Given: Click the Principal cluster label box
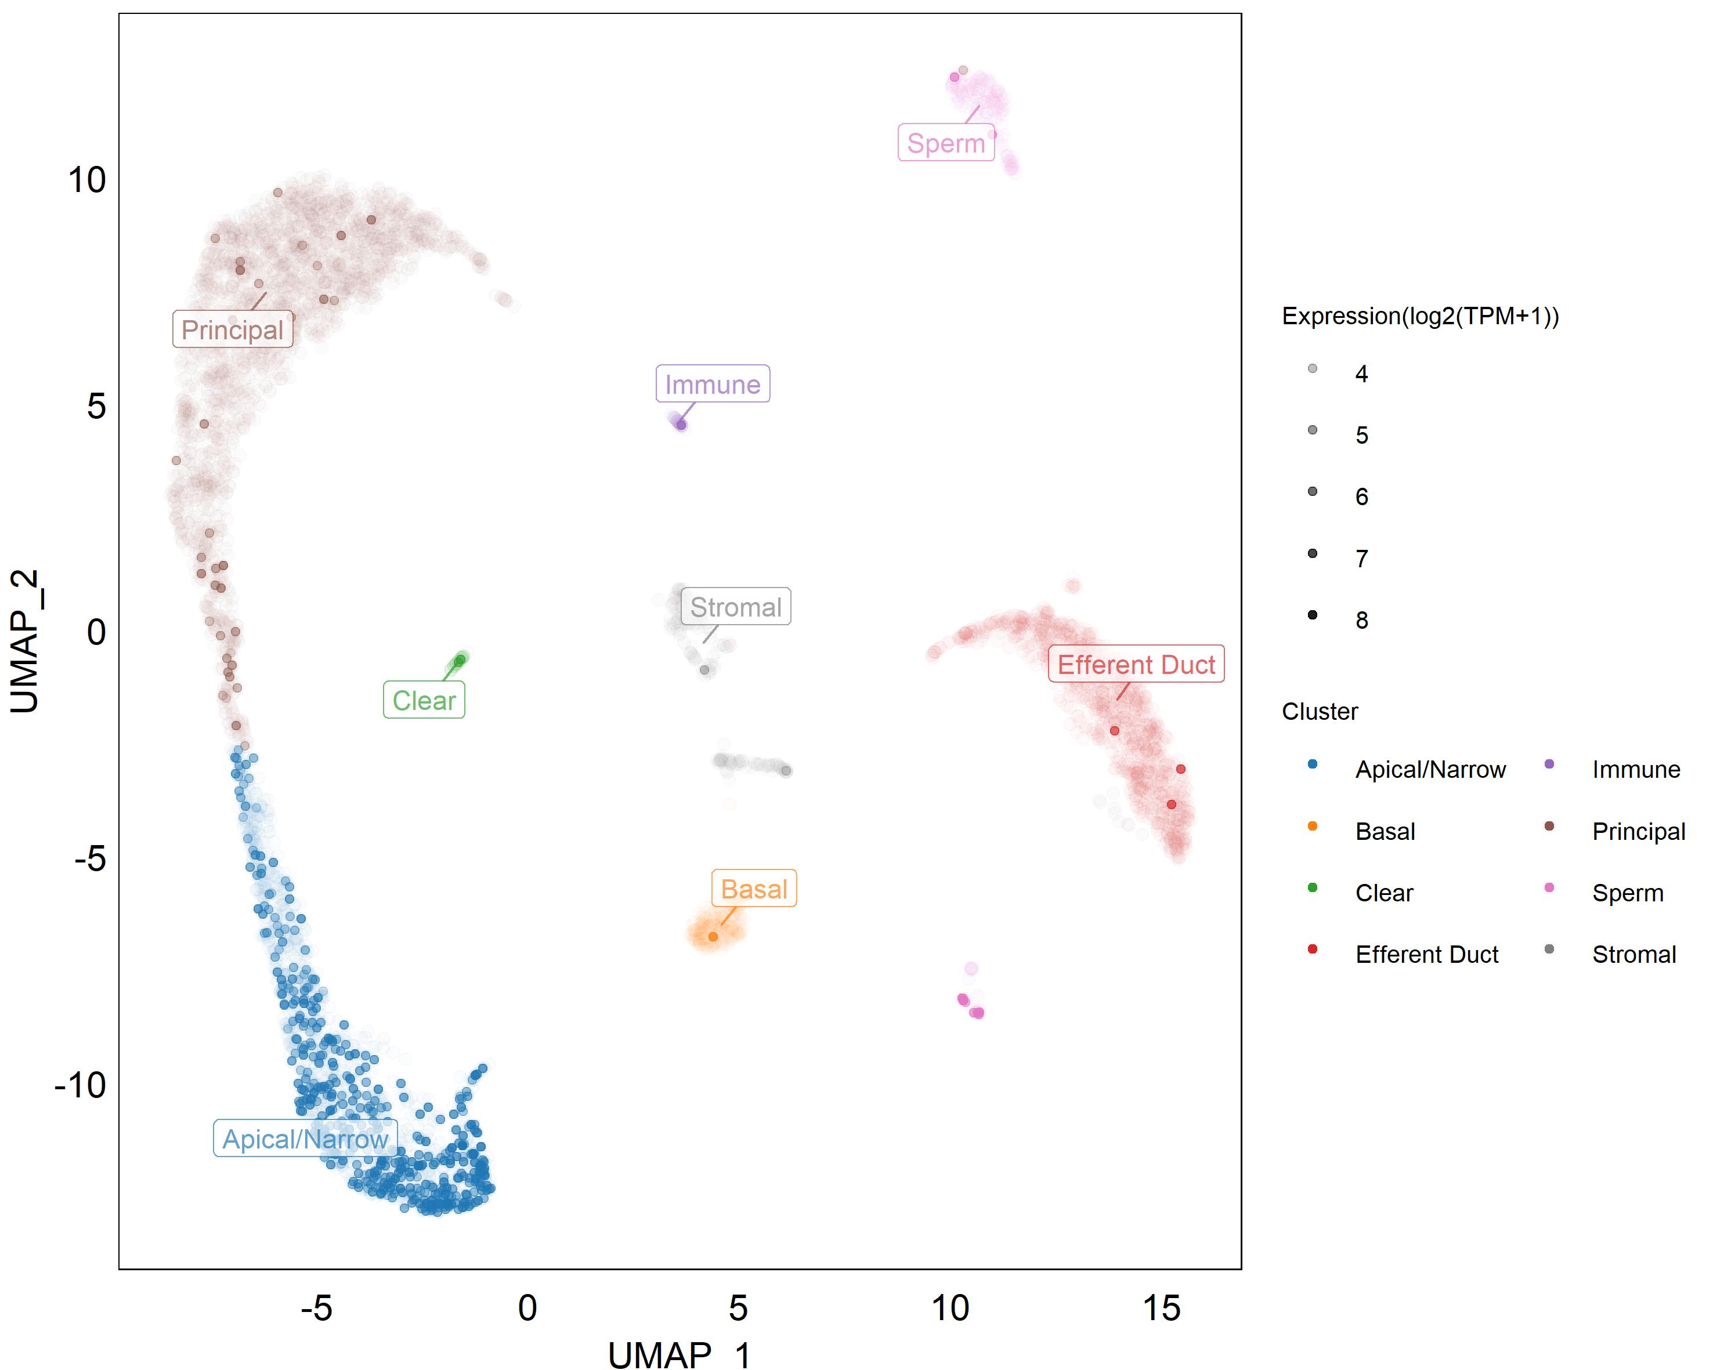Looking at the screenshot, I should point(233,329).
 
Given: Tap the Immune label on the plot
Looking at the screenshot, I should point(713,385).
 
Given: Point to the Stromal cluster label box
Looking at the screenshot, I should point(736,607).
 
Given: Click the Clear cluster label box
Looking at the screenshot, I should point(424,701).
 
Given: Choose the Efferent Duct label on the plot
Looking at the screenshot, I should point(1136,664).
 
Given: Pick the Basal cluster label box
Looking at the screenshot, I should point(753,889).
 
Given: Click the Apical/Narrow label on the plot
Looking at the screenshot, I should point(305,1139).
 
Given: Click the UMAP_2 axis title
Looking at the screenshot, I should point(26,641).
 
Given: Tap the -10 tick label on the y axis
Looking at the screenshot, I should point(80,1085).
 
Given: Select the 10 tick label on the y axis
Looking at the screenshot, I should point(86,180).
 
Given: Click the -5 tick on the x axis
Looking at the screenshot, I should point(316,1308).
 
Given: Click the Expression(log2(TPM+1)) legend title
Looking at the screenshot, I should point(1420,316).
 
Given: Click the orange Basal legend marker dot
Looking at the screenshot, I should point(1313,827).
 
